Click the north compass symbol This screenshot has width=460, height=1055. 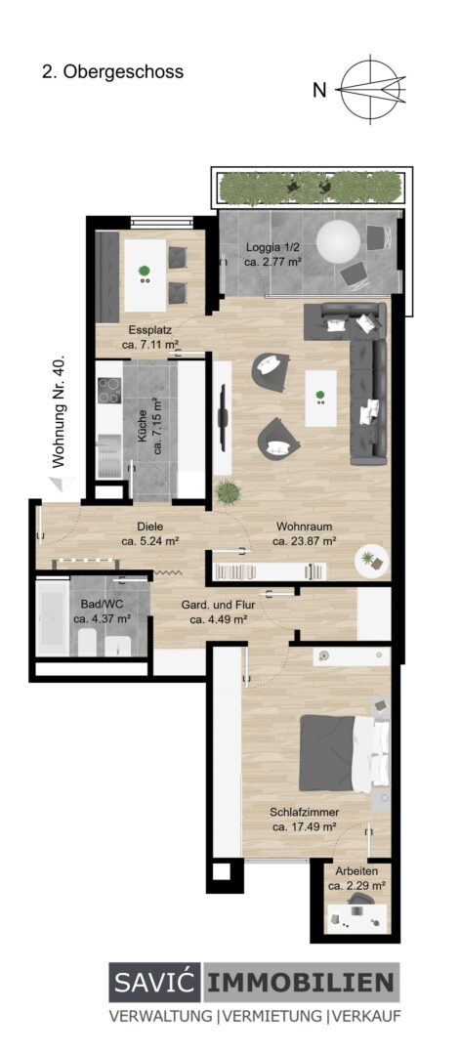[371, 89]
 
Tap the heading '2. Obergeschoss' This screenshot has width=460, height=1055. [112, 72]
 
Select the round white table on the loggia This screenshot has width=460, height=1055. [338, 241]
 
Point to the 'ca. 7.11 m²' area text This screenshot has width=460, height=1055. [150, 345]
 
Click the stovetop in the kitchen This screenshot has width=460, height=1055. [109, 390]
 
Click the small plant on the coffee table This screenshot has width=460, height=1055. [320, 396]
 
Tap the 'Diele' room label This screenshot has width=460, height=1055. [149, 527]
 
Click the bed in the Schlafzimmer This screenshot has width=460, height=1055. [345, 752]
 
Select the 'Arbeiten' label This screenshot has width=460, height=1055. [356, 870]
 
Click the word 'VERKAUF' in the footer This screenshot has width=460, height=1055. [366, 1017]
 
